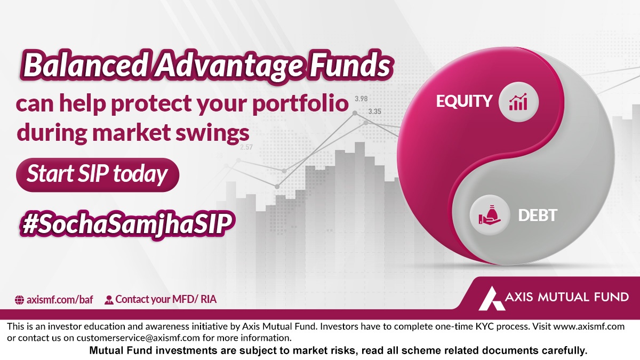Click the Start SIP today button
click(x=98, y=174)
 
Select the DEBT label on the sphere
click(x=538, y=216)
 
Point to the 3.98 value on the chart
click(x=361, y=99)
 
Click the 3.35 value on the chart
click(x=374, y=112)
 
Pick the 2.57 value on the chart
click(x=246, y=147)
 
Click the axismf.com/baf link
click(x=60, y=299)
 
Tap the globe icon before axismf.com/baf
click(x=19, y=300)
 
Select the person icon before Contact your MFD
click(x=109, y=300)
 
